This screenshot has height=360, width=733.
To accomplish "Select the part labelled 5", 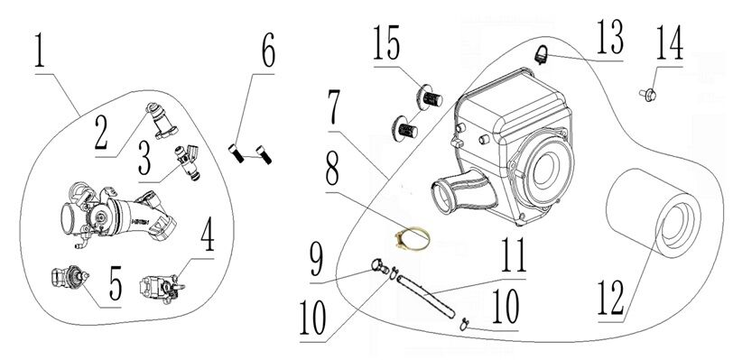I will (x=66, y=276).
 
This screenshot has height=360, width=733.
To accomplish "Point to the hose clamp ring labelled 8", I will (x=408, y=239).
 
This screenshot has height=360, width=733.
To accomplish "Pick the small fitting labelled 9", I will (x=378, y=265).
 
